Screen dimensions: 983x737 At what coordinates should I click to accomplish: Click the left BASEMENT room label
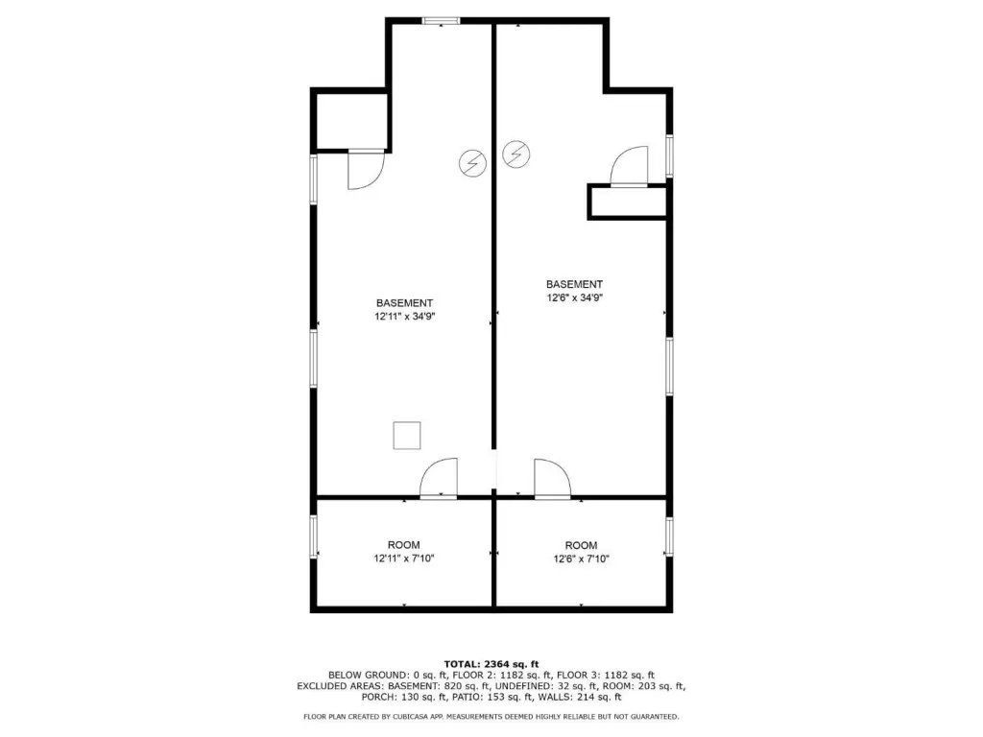(404, 303)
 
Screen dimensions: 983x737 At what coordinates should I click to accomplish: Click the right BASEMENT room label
(574, 284)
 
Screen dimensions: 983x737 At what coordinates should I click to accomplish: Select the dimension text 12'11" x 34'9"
(404, 317)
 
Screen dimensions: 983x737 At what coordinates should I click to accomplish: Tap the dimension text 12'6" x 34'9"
(574, 297)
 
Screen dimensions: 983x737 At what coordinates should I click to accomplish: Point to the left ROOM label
(404, 545)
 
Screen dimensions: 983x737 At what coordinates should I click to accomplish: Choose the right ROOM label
(581, 545)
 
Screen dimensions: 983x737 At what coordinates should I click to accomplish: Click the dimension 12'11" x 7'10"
(404, 559)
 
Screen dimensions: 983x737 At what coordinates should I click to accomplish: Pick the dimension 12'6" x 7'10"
(581, 559)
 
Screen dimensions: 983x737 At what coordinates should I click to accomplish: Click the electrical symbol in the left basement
(472, 163)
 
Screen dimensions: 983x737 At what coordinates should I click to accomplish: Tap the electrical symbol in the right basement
(516, 154)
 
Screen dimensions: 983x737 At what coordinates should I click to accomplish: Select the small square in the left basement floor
(407, 436)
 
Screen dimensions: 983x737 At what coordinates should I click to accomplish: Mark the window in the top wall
(442, 21)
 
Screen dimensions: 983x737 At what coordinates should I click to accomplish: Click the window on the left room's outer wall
(314, 536)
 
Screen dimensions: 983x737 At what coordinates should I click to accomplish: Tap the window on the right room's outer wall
(669, 536)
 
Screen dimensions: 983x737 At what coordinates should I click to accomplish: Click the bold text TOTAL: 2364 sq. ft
(491, 664)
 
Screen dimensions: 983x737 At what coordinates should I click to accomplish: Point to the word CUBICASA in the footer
(417, 716)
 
